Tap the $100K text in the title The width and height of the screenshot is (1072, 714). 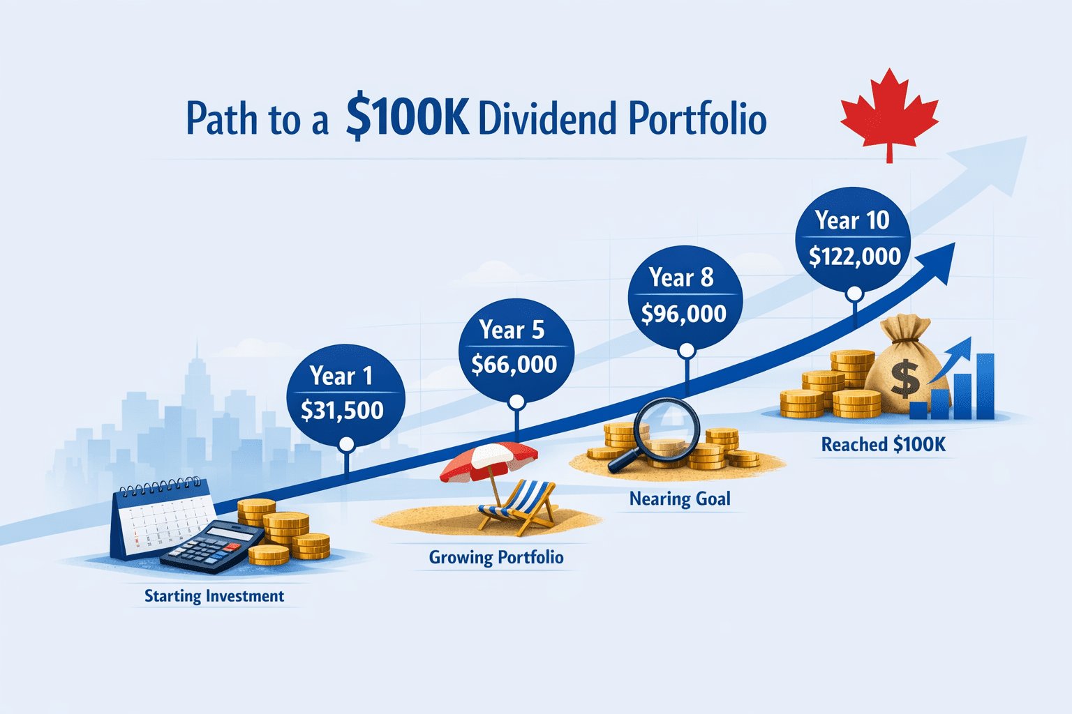coord(407,118)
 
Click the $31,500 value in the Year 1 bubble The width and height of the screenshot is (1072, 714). coord(342,410)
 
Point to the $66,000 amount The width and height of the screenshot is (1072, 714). coord(514,364)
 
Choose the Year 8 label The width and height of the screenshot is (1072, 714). coord(681,278)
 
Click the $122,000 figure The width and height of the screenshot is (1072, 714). coord(854,257)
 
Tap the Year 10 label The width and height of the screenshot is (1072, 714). coord(852,220)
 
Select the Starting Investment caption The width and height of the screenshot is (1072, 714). coord(214,596)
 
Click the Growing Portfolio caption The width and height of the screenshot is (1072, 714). coord(496,557)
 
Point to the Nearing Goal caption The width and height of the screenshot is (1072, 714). coord(680,499)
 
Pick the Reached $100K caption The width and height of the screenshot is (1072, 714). coord(883,444)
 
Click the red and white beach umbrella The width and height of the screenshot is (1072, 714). coord(489,462)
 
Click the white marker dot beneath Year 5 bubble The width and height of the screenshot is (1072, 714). coord(516,402)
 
